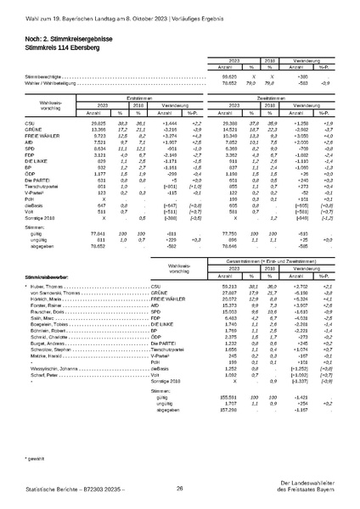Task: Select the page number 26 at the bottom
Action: tap(180, 489)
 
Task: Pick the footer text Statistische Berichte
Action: tap(42, 489)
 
